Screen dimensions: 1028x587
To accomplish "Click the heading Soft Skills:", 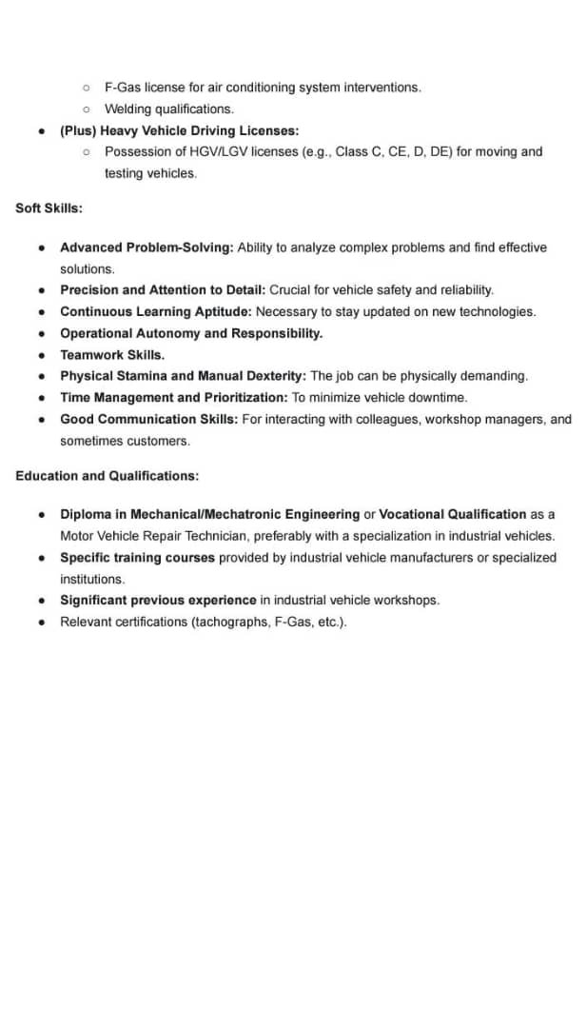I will click(49, 208).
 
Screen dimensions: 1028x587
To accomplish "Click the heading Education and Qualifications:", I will click(107, 475).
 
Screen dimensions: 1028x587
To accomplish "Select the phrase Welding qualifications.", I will click(168, 109).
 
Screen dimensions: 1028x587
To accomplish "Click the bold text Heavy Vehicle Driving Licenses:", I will click(199, 130).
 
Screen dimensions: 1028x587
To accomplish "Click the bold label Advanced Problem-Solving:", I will click(147, 247).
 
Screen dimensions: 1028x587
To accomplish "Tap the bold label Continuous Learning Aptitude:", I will click(156, 311).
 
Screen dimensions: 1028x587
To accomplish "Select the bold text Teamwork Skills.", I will click(112, 354).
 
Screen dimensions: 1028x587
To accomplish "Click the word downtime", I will click(440, 397).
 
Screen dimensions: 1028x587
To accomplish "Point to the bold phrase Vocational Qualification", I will click(452, 514).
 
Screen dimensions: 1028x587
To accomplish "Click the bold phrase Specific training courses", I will click(138, 558).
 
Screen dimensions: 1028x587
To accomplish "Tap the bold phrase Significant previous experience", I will click(158, 600).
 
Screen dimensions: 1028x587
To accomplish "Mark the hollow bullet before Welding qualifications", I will click(86, 109).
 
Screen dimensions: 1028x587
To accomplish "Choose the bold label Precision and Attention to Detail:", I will click(163, 289).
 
